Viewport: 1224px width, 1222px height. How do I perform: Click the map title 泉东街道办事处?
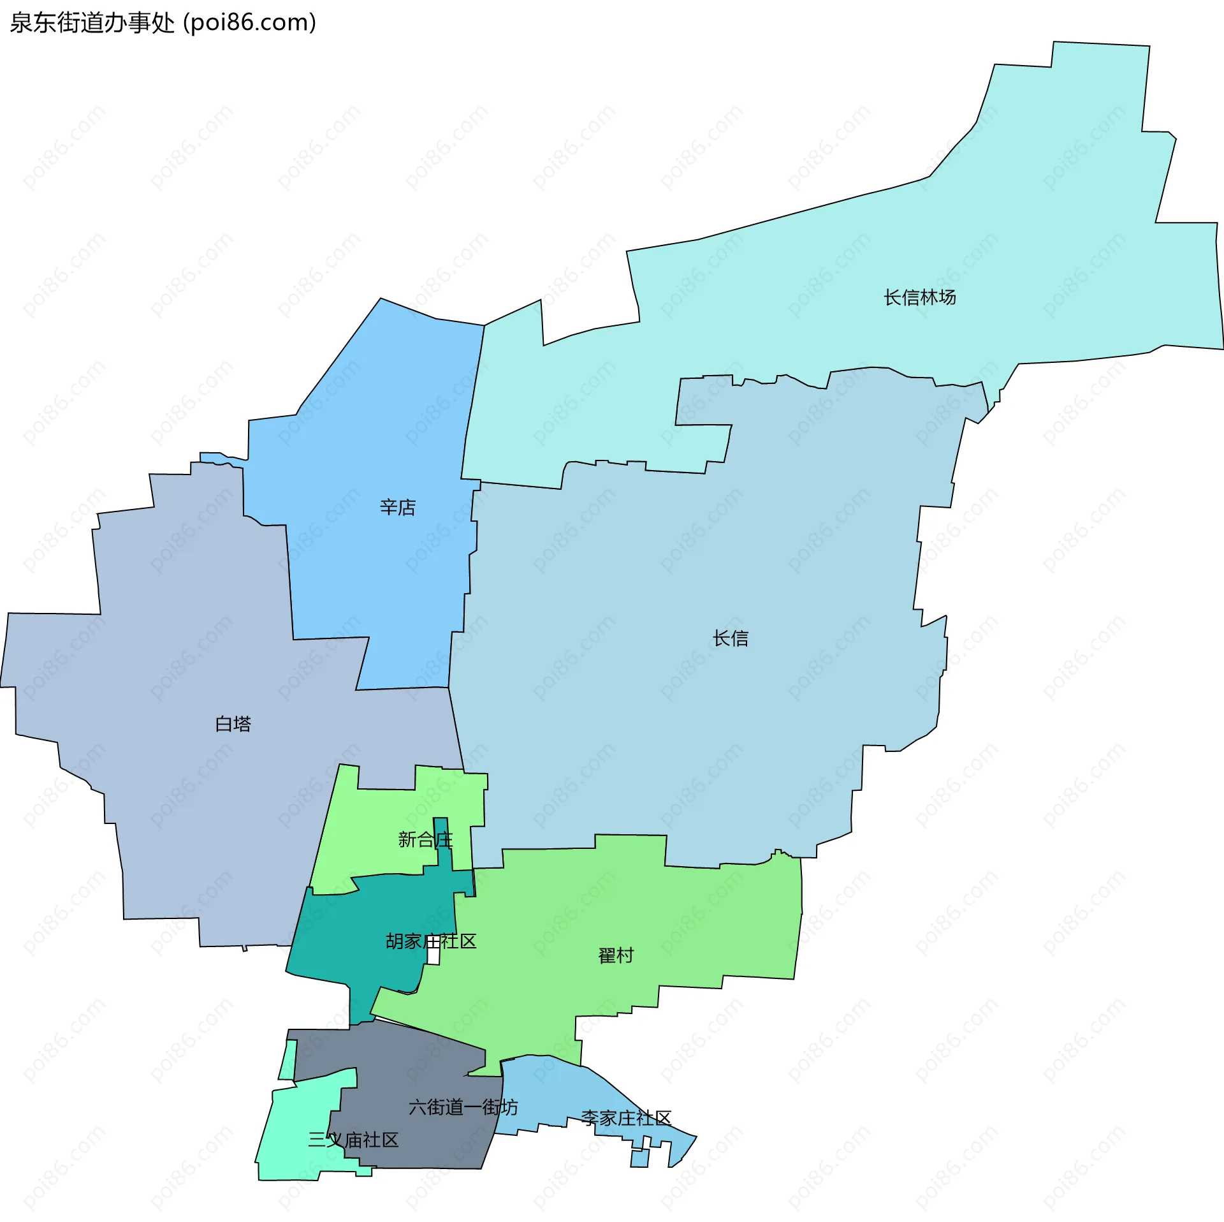click(92, 23)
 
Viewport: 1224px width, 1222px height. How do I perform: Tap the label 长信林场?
click(919, 297)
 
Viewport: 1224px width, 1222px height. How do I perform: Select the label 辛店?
click(398, 508)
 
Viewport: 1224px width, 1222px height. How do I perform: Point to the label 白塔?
click(233, 724)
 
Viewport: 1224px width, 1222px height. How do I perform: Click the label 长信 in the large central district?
click(731, 638)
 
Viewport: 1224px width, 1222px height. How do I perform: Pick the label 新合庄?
click(425, 839)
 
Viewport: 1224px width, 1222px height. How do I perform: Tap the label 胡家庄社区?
click(431, 941)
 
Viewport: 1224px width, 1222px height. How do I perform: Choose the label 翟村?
click(616, 955)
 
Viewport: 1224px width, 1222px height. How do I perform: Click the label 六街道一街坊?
click(463, 1107)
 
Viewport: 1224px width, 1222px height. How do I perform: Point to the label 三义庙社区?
click(353, 1140)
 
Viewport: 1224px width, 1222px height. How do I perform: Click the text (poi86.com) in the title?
click(250, 23)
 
